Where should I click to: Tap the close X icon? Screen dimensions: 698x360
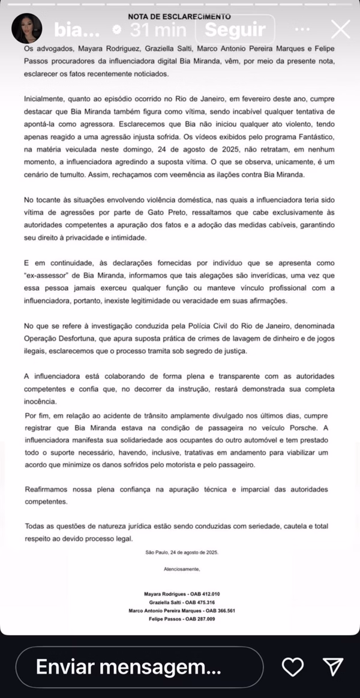[x=340, y=29]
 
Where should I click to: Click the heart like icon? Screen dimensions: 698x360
[x=292, y=667]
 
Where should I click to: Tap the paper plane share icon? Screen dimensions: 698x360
[x=332, y=667]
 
